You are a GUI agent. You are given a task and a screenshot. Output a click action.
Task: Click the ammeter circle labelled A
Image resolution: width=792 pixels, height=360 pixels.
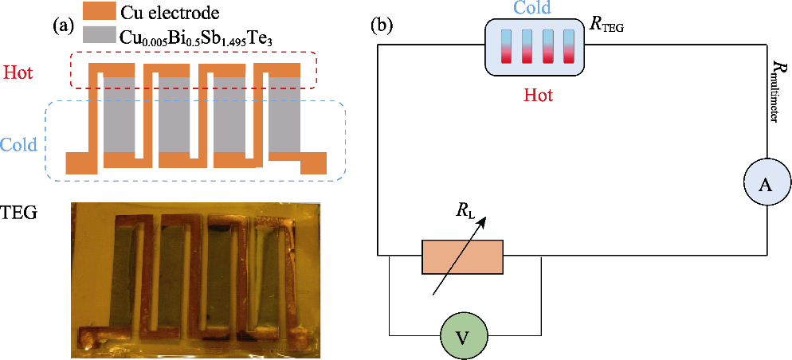point(766,184)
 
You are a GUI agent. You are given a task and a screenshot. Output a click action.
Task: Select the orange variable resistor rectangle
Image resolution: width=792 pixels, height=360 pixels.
point(462,256)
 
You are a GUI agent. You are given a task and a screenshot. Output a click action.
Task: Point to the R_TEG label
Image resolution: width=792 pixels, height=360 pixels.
point(607,24)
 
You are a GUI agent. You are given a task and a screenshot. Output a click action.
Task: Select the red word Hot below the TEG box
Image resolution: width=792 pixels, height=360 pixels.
point(538,95)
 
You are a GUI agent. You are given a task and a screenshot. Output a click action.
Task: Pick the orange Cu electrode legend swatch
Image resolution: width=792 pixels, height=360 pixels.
point(97,13)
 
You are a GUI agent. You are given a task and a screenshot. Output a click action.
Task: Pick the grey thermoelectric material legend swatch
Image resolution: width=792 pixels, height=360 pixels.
point(97,36)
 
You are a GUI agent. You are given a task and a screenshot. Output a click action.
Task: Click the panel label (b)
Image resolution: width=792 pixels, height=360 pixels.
point(382,25)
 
